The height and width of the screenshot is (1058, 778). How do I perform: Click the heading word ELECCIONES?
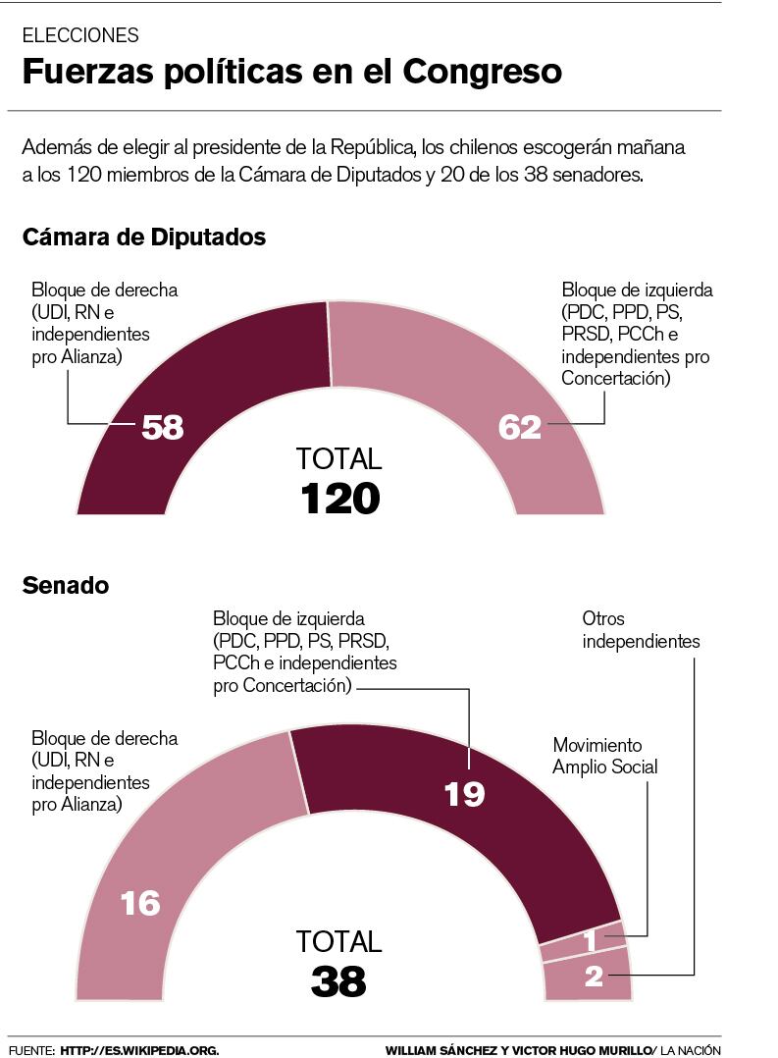pyautogui.click(x=80, y=35)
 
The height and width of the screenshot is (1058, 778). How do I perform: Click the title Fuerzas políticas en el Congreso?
pyautogui.click(x=291, y=73)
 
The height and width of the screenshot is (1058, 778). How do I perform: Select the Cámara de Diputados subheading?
pyautogui.click(x=143, y=237)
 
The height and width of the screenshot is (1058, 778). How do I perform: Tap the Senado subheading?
pyautogui.click(x=65, y=586)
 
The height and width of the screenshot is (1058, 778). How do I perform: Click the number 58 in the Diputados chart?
pyautogui.click(x=163, y=427)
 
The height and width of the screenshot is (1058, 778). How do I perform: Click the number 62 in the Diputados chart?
pyautogui.click(x=520, y=427)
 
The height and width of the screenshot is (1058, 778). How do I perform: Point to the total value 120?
pyautogui.click(x=339, y=499)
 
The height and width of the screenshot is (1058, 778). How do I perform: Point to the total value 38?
pyautogui.click(x=338, y=980)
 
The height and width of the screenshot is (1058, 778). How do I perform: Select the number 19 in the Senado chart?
pyautogui.click(x=464, y=793)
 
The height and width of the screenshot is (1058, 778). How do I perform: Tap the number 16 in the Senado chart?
pyautogui.click(x=140, y=903)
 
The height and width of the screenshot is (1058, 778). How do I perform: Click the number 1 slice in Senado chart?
pyautogui.click(x=590, y=942)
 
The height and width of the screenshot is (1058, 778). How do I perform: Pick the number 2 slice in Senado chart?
pyautogui.click(x=594, y=977)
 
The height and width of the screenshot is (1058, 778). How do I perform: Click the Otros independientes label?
pyautogui.click(x=641, y=630)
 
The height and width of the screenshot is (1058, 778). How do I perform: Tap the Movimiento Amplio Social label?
pyautogui.click(x=604, y=756)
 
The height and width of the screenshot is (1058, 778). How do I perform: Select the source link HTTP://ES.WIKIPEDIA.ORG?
pyautogui.click(x=139, y=1050)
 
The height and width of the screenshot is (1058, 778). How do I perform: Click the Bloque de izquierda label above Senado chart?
pyautogui.click(x=304, y=653)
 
